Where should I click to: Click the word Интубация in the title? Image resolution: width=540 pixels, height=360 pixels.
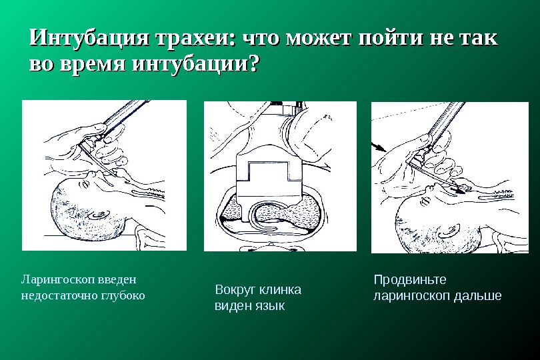pyautogui.click(x=89, y=37)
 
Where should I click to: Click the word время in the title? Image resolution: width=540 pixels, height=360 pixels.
pyautogui.click(x=92, y=64)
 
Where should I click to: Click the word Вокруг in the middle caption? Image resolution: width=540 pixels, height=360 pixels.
pyautogui.click(x=235, y=290)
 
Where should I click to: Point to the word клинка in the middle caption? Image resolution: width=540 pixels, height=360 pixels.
pyautogui.click(x=280, y=290)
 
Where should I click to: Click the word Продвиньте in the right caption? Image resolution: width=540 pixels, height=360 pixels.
pyautogui.click(x=410, y=280)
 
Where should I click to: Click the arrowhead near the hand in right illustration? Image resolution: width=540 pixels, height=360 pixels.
pyautogui.click(x=381, y=148)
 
